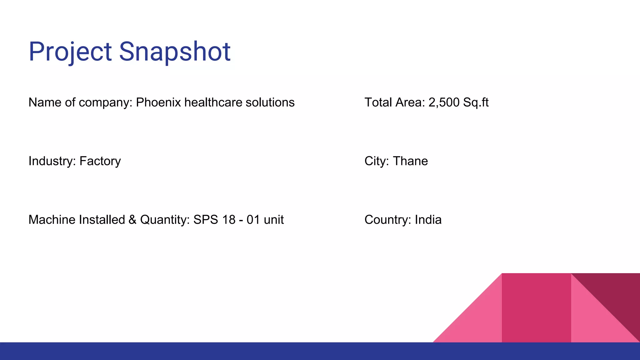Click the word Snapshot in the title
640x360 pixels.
[174, 52]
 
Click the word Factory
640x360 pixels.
[100, 161]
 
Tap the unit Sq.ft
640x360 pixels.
[476, 103]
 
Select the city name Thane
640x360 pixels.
[410, 161]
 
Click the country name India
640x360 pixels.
[428, 220]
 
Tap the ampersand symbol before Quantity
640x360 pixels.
[132, 220]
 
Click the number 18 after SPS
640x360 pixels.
[229, 220]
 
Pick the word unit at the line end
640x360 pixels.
[274, 220]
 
